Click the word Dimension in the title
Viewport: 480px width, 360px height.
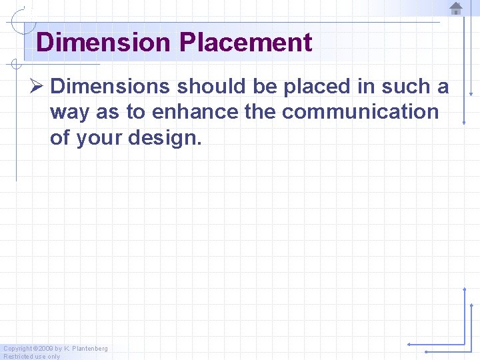tap(103, 43)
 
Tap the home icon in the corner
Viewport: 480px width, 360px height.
tap(456, 8)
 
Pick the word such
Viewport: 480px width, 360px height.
tap(409, 87)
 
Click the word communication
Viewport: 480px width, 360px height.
tap(360, 112)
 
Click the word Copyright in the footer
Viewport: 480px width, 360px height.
tap(18, 349)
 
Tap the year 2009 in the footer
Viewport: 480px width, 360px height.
tap(45, 349)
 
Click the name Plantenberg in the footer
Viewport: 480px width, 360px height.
tap(90, 349)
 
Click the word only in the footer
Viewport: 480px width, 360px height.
tap(53, 357)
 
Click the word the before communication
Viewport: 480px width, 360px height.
tap(260, 112)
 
